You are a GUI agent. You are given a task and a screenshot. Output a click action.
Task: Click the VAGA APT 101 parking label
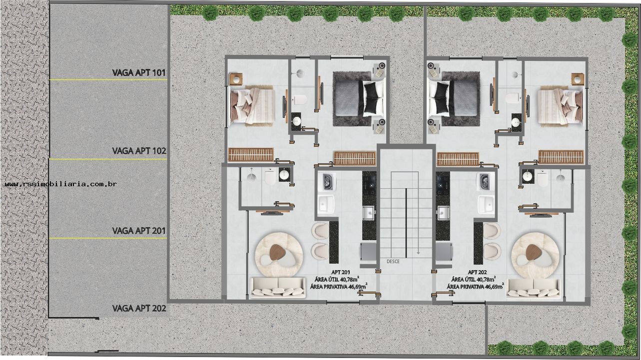(139, 73)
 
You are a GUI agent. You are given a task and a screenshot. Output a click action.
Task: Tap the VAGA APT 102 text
(139, 150)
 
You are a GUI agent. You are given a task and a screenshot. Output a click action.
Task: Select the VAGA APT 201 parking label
(139, 231)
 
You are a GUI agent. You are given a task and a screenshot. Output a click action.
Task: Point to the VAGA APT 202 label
(139, 308)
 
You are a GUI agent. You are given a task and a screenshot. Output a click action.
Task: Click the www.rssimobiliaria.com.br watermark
(60, 184)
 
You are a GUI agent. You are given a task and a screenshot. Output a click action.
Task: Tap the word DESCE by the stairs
(393, 261)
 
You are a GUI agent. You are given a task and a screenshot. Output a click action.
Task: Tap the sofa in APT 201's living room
(277, 287)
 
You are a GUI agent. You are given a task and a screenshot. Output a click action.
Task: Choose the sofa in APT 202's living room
(533, 287)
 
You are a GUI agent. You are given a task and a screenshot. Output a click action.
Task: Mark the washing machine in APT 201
(327, 182)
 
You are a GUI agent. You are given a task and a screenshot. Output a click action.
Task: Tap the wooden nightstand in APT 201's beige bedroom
(236, 78)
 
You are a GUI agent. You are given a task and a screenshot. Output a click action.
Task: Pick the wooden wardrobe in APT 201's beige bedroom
(251, 155)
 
